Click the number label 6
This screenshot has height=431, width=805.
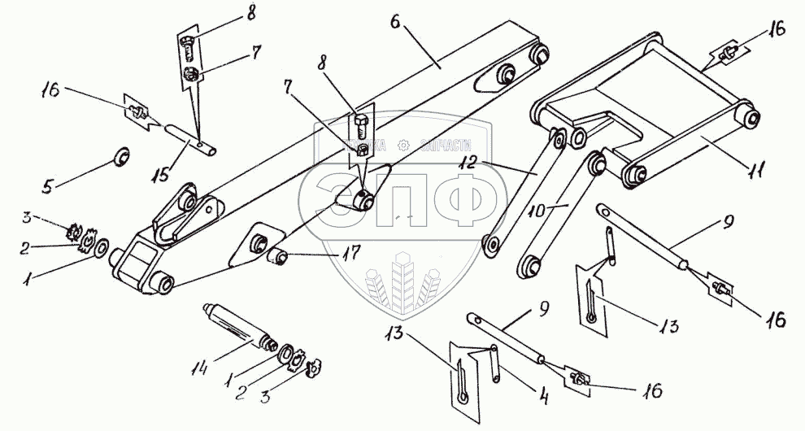click(396, 22)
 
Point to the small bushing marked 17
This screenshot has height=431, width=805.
click(281, 259)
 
